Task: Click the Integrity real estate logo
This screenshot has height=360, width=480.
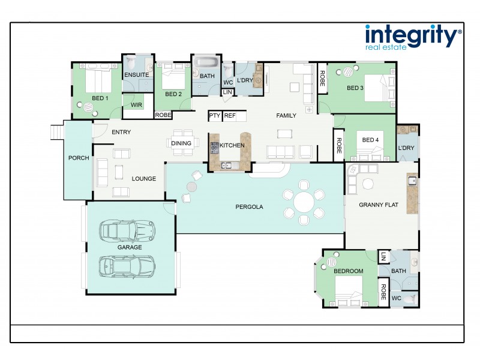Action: point(413,37)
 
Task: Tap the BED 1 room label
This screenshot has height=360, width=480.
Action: point(100,98)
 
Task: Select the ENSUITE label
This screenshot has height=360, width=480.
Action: point(136,75)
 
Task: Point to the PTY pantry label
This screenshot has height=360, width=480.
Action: point(214,115)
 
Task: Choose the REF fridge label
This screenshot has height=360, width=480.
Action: point(230,115)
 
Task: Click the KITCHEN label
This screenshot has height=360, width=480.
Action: point(232,145)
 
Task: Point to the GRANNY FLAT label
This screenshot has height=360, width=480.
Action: point(379,205)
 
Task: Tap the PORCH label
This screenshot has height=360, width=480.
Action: point(79,158)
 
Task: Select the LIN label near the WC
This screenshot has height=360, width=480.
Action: point(227,92)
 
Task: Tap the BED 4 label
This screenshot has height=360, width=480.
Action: point(371,140)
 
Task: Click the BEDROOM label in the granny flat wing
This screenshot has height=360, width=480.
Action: point(349,271)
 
